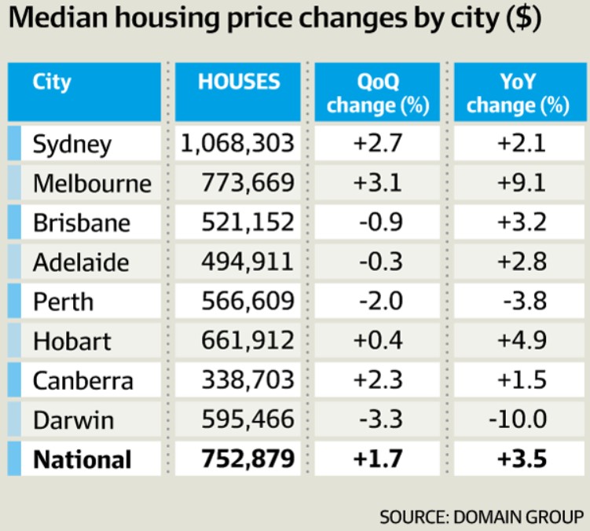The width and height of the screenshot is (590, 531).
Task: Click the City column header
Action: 52,82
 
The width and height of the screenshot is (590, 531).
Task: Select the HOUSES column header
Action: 239,82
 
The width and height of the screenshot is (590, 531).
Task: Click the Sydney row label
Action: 72,144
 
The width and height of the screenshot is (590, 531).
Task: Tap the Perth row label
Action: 63,302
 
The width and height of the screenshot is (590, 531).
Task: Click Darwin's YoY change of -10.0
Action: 518,420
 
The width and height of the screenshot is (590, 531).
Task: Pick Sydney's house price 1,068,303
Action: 236,144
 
